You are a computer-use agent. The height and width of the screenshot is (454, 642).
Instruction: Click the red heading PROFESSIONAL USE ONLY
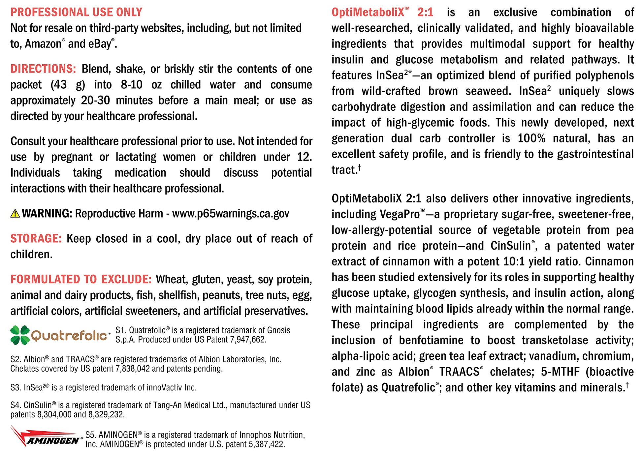click(76, 13)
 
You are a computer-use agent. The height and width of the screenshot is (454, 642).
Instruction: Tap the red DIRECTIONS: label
click(43, 69)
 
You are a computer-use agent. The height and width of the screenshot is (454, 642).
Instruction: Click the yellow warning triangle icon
click(15, 214)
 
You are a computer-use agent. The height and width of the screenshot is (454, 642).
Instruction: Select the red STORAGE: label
click(36, 238)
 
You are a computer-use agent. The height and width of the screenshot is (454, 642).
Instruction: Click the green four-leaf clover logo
click(20, 335)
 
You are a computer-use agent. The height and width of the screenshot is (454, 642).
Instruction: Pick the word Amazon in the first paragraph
click(43, 44)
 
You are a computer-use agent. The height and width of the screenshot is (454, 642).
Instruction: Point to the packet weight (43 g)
click(68, 85)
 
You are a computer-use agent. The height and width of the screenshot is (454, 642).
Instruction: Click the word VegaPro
click(399, 214)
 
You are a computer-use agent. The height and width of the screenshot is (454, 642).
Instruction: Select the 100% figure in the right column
click(531, 138)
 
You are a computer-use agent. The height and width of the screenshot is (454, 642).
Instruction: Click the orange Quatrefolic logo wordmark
click(69, 336)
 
